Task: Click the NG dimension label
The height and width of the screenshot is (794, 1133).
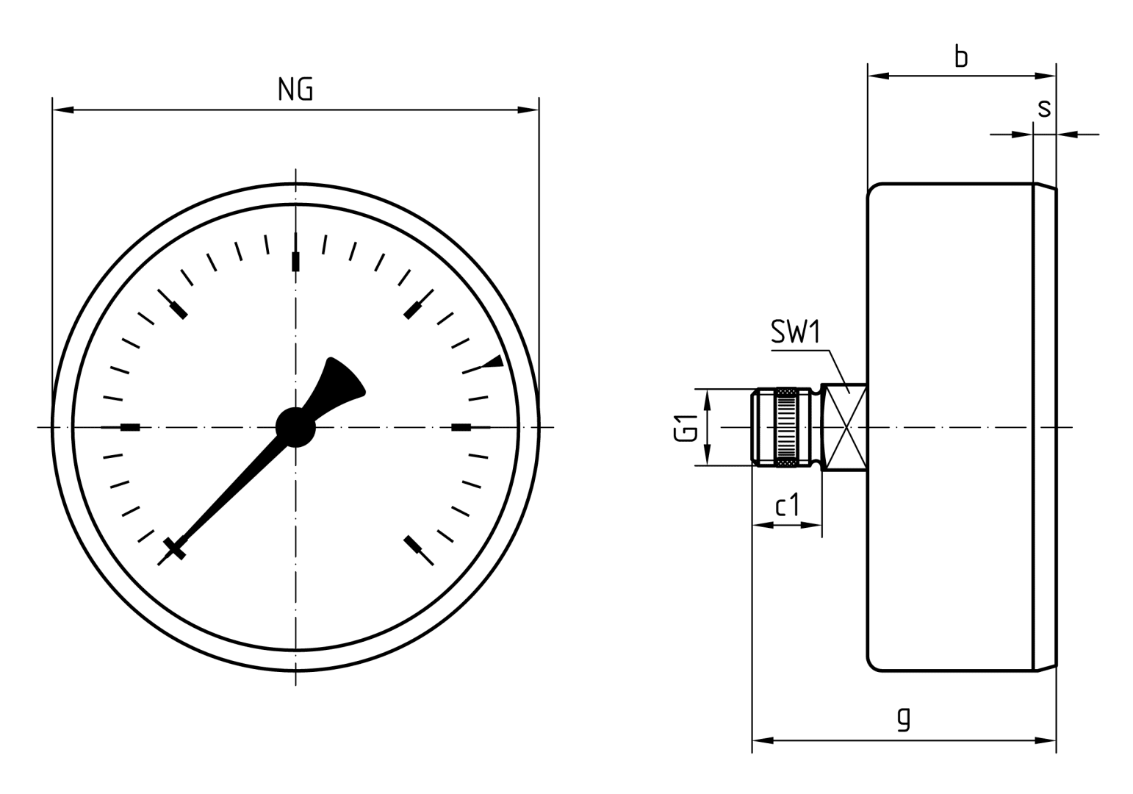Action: click(295, 89)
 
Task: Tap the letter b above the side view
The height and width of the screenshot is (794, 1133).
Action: click(960, 56)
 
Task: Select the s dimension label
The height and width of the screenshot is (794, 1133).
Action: click(1043, 108)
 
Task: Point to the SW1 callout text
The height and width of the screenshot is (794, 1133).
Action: click(795, 333)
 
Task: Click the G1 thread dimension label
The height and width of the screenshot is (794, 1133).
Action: click(685, 427)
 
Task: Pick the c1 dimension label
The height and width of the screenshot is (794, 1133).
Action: click(787, 506)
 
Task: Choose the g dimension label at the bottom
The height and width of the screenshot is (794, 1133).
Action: click(904, 718)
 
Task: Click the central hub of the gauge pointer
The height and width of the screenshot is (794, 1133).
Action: click(295, 427)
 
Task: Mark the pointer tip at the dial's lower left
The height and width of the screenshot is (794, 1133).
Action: click(175, 548)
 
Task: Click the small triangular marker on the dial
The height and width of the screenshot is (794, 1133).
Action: click(494, 361)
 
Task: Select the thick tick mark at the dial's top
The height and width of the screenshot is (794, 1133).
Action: click(295, 261)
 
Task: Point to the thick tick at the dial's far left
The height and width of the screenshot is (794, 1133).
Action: click(130, 427)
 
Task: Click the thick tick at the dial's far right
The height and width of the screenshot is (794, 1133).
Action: click(461, 427)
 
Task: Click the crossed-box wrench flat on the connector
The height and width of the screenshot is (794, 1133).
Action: click(845, 427)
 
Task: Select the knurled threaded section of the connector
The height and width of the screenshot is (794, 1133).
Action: click(786, 427)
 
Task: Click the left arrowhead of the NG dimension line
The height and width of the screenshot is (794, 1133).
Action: click(63, 110)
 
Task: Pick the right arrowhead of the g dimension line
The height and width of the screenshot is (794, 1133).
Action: click(1046, 740)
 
